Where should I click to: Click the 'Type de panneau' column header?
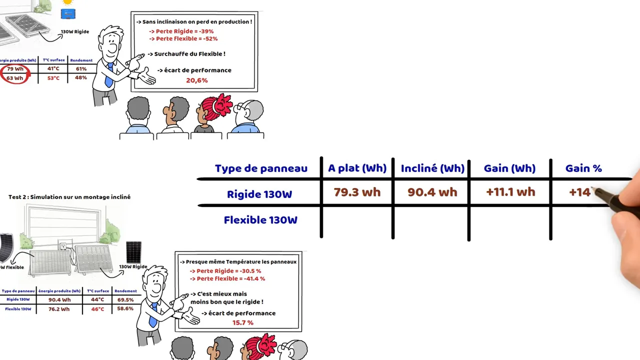coord(261,168)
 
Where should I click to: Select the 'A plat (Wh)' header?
coord(357,168)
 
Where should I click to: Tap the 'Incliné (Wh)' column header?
coord(432,168)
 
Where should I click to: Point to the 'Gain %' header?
coord(583,168)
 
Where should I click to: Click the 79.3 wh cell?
coord(357,192)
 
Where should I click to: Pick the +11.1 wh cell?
coord(510,192)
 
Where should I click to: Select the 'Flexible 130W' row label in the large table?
coord(260,220)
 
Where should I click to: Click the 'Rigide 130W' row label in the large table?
coord(259,194)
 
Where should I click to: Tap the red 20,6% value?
coord(196,80)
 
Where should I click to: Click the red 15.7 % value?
coord(242,323)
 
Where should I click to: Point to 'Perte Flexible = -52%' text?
coord(186,39)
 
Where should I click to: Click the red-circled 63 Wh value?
coord(15,78)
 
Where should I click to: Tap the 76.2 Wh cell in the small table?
coord(59,309)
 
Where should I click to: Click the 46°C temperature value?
coord(97,309)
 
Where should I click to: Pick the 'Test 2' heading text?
coord(69,197)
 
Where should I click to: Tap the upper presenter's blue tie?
coord(108,75)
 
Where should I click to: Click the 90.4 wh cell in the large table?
coord(432,192)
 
